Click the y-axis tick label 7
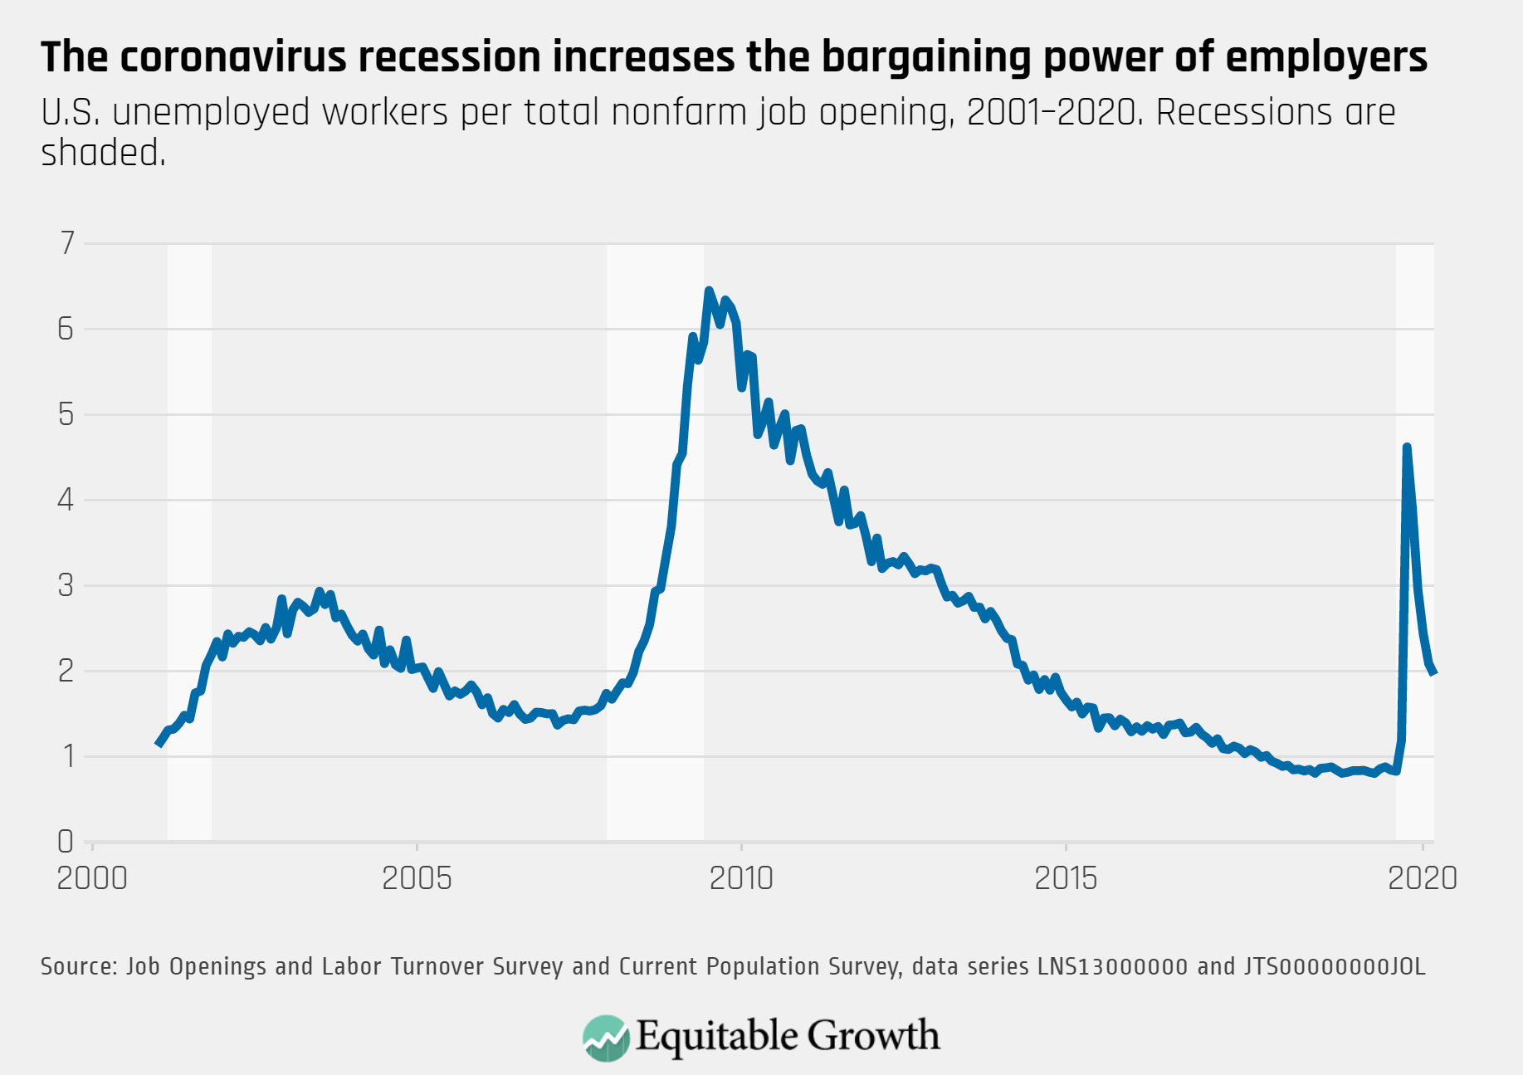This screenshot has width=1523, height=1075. point(67,243)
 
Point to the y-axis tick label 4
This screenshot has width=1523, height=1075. point(66,500)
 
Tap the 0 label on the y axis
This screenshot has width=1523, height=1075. point(66,842)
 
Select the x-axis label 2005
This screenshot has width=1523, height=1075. point(417,878)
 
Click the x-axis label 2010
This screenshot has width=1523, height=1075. point(740,878)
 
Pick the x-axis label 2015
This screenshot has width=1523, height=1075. point(1066,878)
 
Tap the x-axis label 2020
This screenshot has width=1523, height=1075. point(1423,878)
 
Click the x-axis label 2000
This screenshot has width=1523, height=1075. point(92,878)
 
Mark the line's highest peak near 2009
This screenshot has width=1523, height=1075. point(708,291)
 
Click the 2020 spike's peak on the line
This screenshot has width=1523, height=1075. point(1406,447)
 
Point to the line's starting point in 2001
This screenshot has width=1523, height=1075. point(159,745)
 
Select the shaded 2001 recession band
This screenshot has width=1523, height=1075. point(189,540)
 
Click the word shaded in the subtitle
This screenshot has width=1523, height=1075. point(102,153)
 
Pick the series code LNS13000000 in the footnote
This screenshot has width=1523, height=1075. point(1112,966)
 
